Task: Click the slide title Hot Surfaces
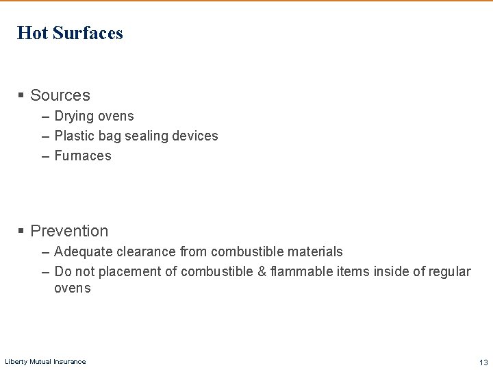pos(70,33)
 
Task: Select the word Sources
pos(60,95)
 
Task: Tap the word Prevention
pos(69,231)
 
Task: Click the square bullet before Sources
pos(21,95)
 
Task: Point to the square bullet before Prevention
pos(21,231)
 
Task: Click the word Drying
pos(74,116)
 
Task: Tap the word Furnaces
pos(82,156)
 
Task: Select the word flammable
pos(301,272)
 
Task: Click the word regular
pos(450,272)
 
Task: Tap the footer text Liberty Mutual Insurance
pos(45,362)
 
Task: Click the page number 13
pos(483,362)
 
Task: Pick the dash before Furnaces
pos(45,156)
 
